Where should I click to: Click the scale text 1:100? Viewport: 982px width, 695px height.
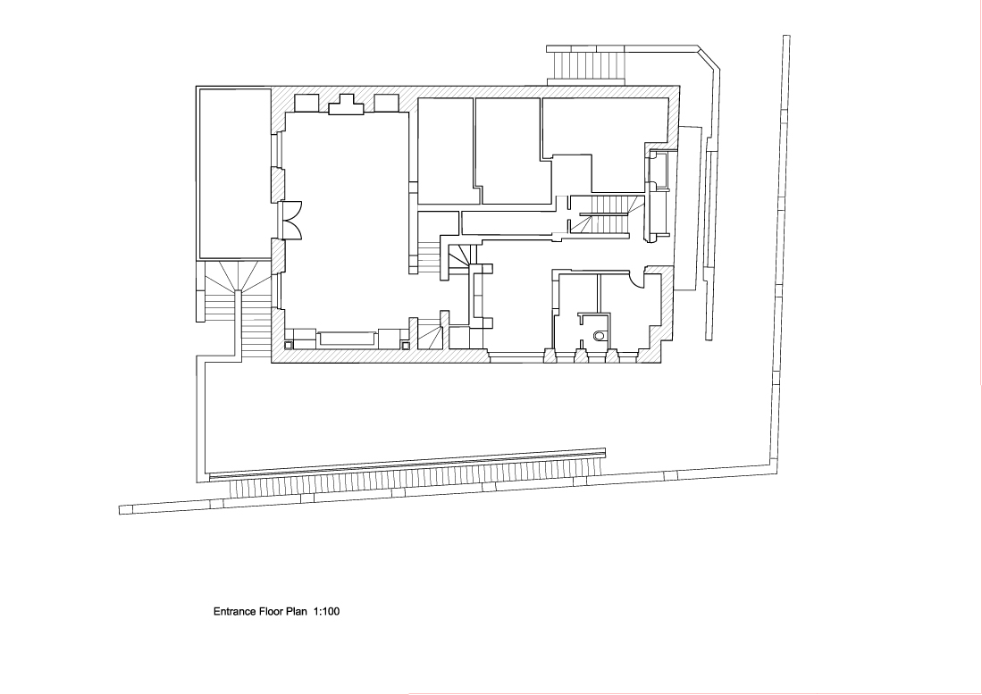click(x=328, y=613)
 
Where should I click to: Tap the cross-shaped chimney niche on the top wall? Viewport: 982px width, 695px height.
click(x=346, y=105)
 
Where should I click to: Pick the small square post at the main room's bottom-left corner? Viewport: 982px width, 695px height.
click(x=290, y=343)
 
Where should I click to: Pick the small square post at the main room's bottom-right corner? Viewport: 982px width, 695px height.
click(x=406, y=343)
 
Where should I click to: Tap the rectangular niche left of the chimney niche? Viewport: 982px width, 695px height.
click(x=306, y=102)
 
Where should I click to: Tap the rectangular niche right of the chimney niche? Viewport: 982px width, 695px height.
click(x=386, y=102)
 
